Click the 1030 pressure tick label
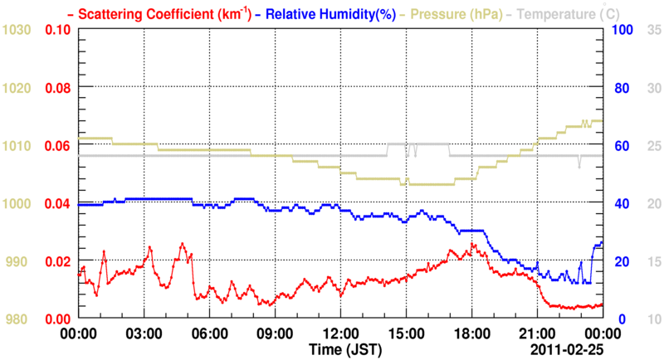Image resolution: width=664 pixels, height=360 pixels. coord(17,30)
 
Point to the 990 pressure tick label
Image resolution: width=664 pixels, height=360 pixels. coord(17,262)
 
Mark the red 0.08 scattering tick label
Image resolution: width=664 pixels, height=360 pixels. coord(58,88)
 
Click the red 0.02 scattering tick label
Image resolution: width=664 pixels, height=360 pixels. coord(58,262)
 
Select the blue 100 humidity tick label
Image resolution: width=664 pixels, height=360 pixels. coord(623,30)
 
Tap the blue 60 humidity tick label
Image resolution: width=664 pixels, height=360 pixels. coord(620,146)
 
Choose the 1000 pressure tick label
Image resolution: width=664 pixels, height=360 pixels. coord(17,204)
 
